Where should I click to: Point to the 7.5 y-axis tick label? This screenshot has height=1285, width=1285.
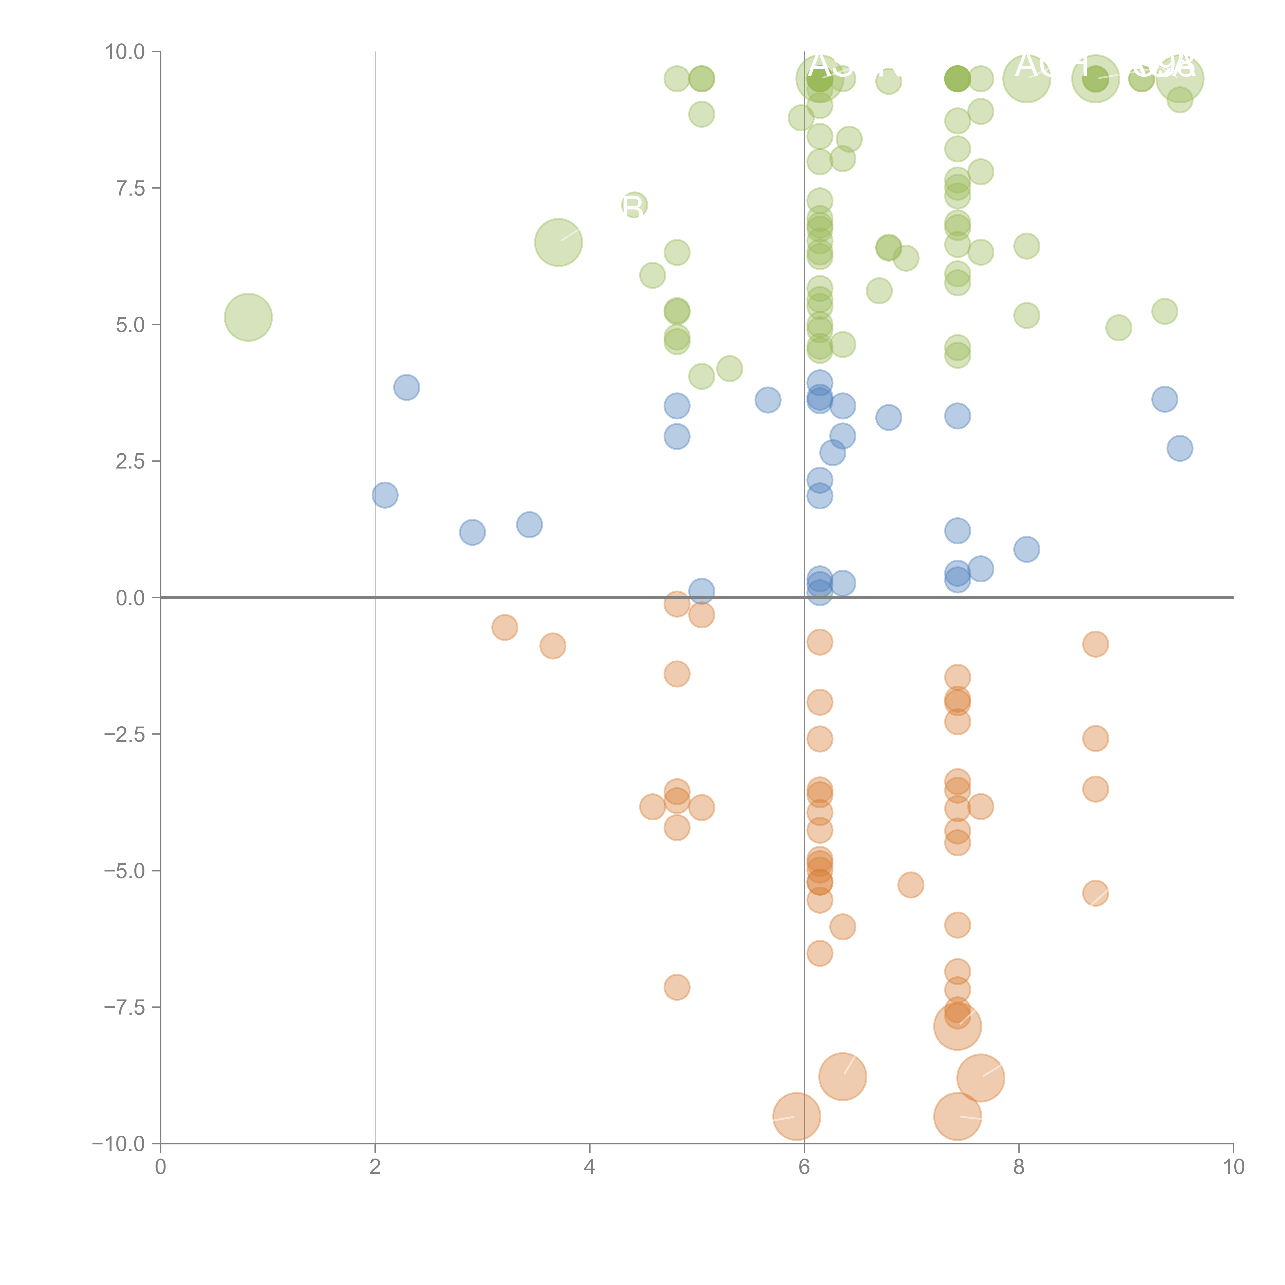tap(130, 188)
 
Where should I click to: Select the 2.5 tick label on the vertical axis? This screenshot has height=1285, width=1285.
tap(130, 462)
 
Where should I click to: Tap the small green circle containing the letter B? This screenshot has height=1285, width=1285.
tap(634, 206)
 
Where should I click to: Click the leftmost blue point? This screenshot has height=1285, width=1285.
tap(384, 495)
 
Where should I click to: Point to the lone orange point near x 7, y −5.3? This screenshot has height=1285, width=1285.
tap(911, 885)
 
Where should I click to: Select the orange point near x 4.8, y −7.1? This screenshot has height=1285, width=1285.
tap(676, 987)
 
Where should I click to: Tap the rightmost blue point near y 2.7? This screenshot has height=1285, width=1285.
tap(1179, 448)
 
